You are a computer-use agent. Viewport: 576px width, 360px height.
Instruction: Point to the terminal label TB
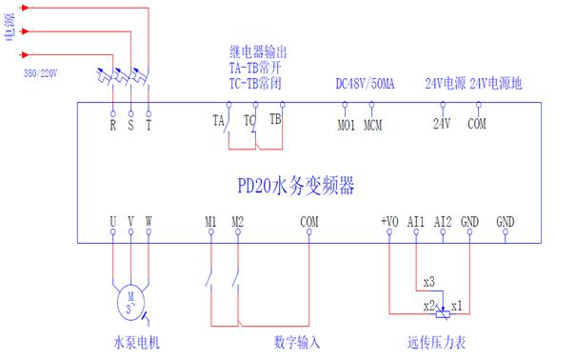tap(275, 120)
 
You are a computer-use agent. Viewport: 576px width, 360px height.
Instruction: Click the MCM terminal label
tap(373, 124)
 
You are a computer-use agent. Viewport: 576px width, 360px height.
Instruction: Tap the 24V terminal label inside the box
tap(442, 124)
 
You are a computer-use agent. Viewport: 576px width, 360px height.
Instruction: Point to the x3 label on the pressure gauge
tap(428, 283)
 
